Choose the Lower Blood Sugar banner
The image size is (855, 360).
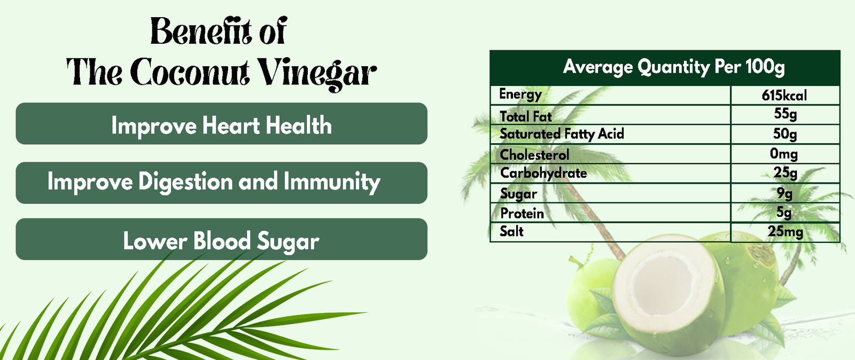coord(221,241)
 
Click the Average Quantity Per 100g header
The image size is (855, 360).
coord(673,67)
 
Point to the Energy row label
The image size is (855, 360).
coord(520,95)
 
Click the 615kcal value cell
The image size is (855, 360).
coord(784,96)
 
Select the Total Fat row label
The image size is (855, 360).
coord(525,116)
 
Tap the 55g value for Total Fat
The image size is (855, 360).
coord(785,114)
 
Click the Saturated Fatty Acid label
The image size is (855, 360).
coord(562,134)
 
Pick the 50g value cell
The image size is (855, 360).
coord(785,134)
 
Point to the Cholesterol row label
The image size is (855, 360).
coord(534,154)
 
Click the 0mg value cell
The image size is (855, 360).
coord(784,154)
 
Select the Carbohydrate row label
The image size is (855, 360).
coord(543,173)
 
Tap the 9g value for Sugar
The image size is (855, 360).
coord(784,193)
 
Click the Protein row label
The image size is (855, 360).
coord(522,213)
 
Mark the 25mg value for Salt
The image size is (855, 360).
coord(785,232)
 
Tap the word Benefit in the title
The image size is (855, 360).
coord(197,32)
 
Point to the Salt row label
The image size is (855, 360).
coord(511,231)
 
